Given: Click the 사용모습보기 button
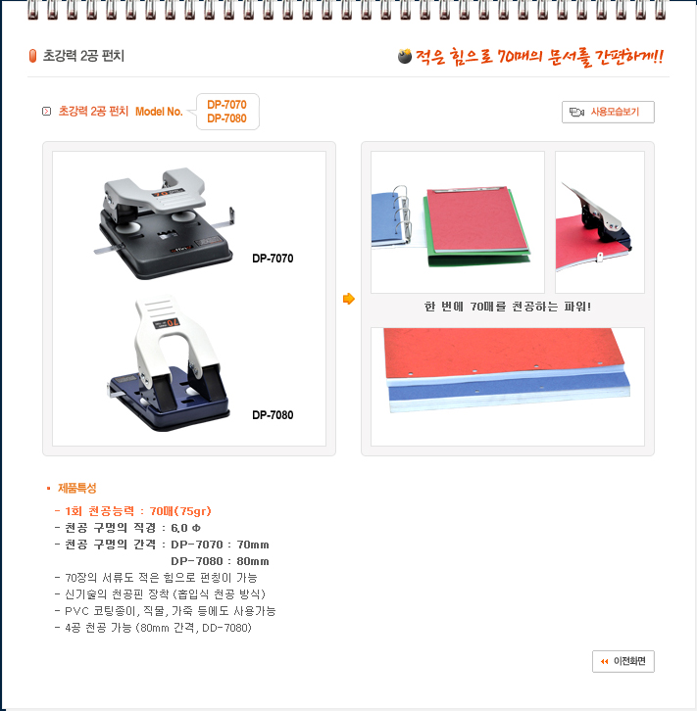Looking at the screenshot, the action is click(608, 112).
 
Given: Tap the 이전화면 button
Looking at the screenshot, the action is click(623, 661).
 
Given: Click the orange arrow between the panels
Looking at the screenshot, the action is click(349, 299).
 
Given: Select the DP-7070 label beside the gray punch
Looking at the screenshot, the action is click(273, 259).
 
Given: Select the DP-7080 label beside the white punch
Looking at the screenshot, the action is click(273, 415).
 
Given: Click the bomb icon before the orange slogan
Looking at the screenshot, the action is click(404, 56).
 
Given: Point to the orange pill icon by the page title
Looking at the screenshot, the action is click(32, 56).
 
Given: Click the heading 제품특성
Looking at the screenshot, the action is click(77, 488).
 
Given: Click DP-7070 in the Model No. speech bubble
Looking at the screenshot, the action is click(226, 105).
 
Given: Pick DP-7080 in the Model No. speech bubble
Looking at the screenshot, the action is click(226, 118).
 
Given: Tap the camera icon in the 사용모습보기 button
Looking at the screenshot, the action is click(576, 112).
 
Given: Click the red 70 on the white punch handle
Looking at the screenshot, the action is click(173, 323).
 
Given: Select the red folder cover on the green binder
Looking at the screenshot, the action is click(476, 220).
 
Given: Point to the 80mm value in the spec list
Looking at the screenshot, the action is click(253, 561).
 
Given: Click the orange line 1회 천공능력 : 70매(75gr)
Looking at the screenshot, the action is click(133, 511).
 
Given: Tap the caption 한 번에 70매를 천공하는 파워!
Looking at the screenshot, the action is click(508, 307).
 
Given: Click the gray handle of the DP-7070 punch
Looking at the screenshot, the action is click(155, 190).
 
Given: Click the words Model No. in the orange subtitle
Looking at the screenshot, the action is click(159, 112).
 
